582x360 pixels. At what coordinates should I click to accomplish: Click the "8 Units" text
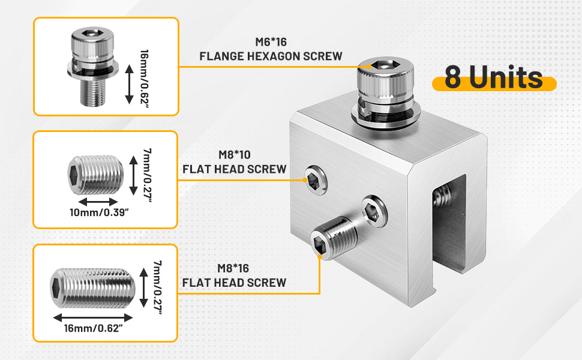(x=494, y=77)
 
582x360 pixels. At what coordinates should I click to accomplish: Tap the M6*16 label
(x=271, y=42)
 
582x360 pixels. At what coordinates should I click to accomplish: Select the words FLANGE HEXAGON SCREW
(x=271, y=56)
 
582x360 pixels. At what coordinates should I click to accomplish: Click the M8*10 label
(x=235, y=155)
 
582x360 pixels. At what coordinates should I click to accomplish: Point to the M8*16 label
(x=233, y=268)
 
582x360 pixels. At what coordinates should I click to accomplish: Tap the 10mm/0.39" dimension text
(x=99, y=212)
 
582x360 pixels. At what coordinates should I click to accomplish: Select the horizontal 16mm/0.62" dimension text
(x=93, y=328)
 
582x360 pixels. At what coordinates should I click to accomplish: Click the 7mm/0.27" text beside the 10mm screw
(x=148, y=176)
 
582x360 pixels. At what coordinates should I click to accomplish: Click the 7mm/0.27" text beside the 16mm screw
(x=158, y=287)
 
